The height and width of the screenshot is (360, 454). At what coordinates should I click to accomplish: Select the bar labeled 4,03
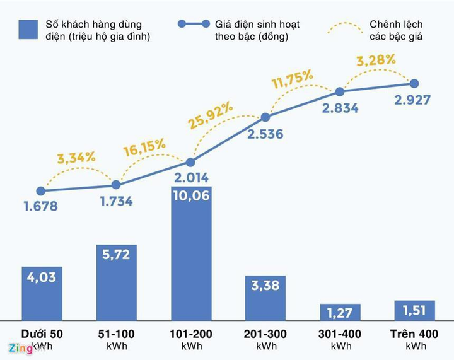pyautogui.click(x=41, y=293)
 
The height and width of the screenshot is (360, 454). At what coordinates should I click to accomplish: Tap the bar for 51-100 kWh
pyautogui.click(x=116, y=282)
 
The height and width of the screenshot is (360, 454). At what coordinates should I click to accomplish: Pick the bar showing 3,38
pyautogui.click(x=265, y=298)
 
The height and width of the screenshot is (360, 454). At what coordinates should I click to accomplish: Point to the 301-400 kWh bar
pyautogui.click(x=340, y=312)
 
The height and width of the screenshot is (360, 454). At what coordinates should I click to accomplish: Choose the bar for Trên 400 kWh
pyautogui.click(x=415, y=310)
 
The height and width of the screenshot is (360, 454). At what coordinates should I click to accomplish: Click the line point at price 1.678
pyautogui.click(x=41, y=190)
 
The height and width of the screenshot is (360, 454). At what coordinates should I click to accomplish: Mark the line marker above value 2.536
pyautogui.click(x=265, y=117)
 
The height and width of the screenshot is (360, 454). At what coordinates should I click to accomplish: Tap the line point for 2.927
pyautogui.click(x=415, y=83)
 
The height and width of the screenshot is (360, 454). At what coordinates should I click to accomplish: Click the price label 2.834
pyautogui.click(x=340, y=108)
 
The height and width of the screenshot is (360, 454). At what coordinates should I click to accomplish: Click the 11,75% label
pyautogui.click(x=292, y=80)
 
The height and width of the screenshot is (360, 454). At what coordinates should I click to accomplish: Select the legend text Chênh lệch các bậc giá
pyautogui.click(x=396, y=30)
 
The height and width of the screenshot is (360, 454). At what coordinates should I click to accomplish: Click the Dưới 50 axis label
pyautogui.click(x=42, y=334)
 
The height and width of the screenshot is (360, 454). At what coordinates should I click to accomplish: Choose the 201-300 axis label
pyautogui.click(x=265, y=334)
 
